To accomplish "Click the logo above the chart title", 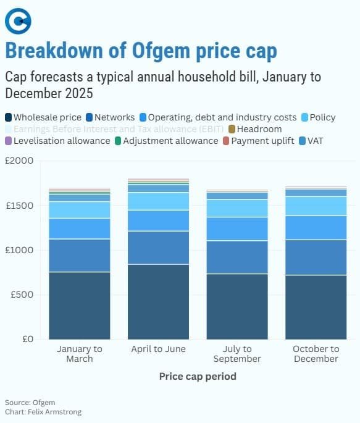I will pos(18,22).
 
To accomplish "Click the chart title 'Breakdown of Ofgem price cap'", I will pos(141,51).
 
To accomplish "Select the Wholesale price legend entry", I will pos(43,117).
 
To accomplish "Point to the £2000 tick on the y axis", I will pos(20,161).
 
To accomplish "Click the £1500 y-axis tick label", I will pos(20,205).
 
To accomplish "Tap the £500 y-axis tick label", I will pos(23,295).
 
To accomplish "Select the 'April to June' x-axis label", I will pos(158,349).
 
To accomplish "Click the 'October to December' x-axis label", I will pos(316,354).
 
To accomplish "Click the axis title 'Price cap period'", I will pos(198,375).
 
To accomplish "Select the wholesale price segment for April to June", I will pos(158,301).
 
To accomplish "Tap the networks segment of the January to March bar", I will pos(79,255).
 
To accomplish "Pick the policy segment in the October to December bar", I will pos(316,206).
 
